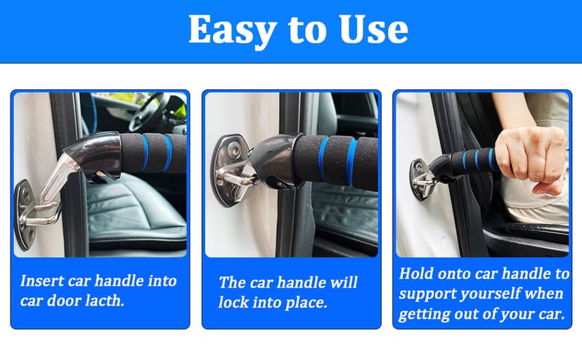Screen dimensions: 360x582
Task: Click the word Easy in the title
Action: coord(227,30)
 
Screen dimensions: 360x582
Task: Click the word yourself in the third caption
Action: coord(500,293)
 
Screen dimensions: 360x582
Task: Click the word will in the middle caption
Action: coord(340,283)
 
